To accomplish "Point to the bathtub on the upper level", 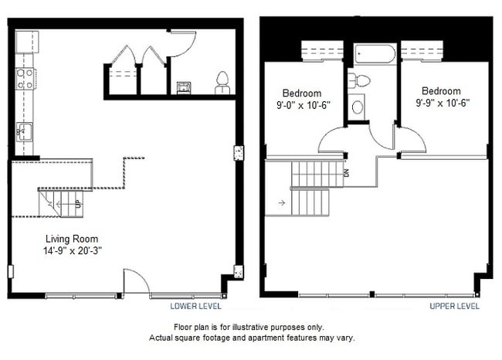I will (x=375, y=55).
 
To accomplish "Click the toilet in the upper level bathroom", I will (x=361, y=80).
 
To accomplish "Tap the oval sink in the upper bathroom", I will (x=358, y=107).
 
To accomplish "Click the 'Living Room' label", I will (x=71, y=239).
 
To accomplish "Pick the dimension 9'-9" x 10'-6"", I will (x=442, y=102).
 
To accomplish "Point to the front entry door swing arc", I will (x=137, y=280).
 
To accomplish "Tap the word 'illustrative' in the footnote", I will (x=256, y=327).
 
